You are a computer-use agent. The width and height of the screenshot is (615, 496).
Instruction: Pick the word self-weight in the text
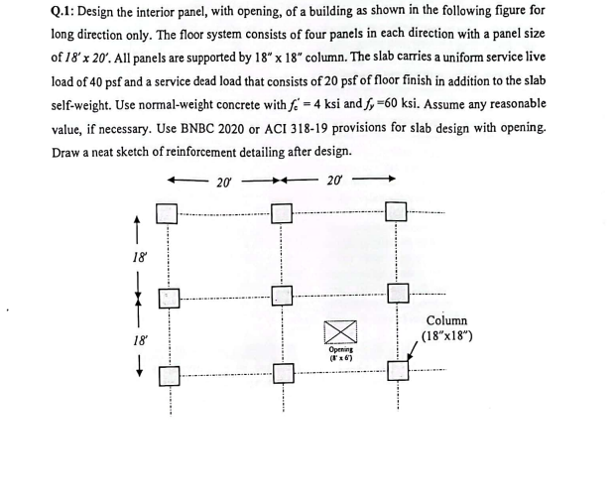[x=90, y=104]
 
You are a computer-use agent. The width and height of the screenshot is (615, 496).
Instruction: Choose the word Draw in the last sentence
[x=68, y=152]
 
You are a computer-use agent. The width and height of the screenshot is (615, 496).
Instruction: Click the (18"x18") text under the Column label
[x=452, y=336]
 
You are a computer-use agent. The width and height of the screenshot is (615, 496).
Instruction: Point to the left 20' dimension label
[x=225, y=182]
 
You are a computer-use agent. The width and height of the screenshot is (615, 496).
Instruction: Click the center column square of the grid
[x=283, y=296]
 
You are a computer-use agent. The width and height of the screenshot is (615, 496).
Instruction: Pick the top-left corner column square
[x=168, y=213]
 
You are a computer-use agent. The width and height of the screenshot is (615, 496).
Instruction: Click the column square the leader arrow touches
[x=398, y=373]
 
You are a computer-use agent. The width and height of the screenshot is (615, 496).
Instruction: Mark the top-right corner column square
[x=398, y=213]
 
